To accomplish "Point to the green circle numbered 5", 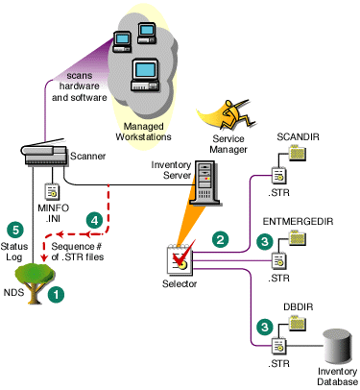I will click(x=14, y=230).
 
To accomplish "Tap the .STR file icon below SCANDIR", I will click(x=278, y=176).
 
